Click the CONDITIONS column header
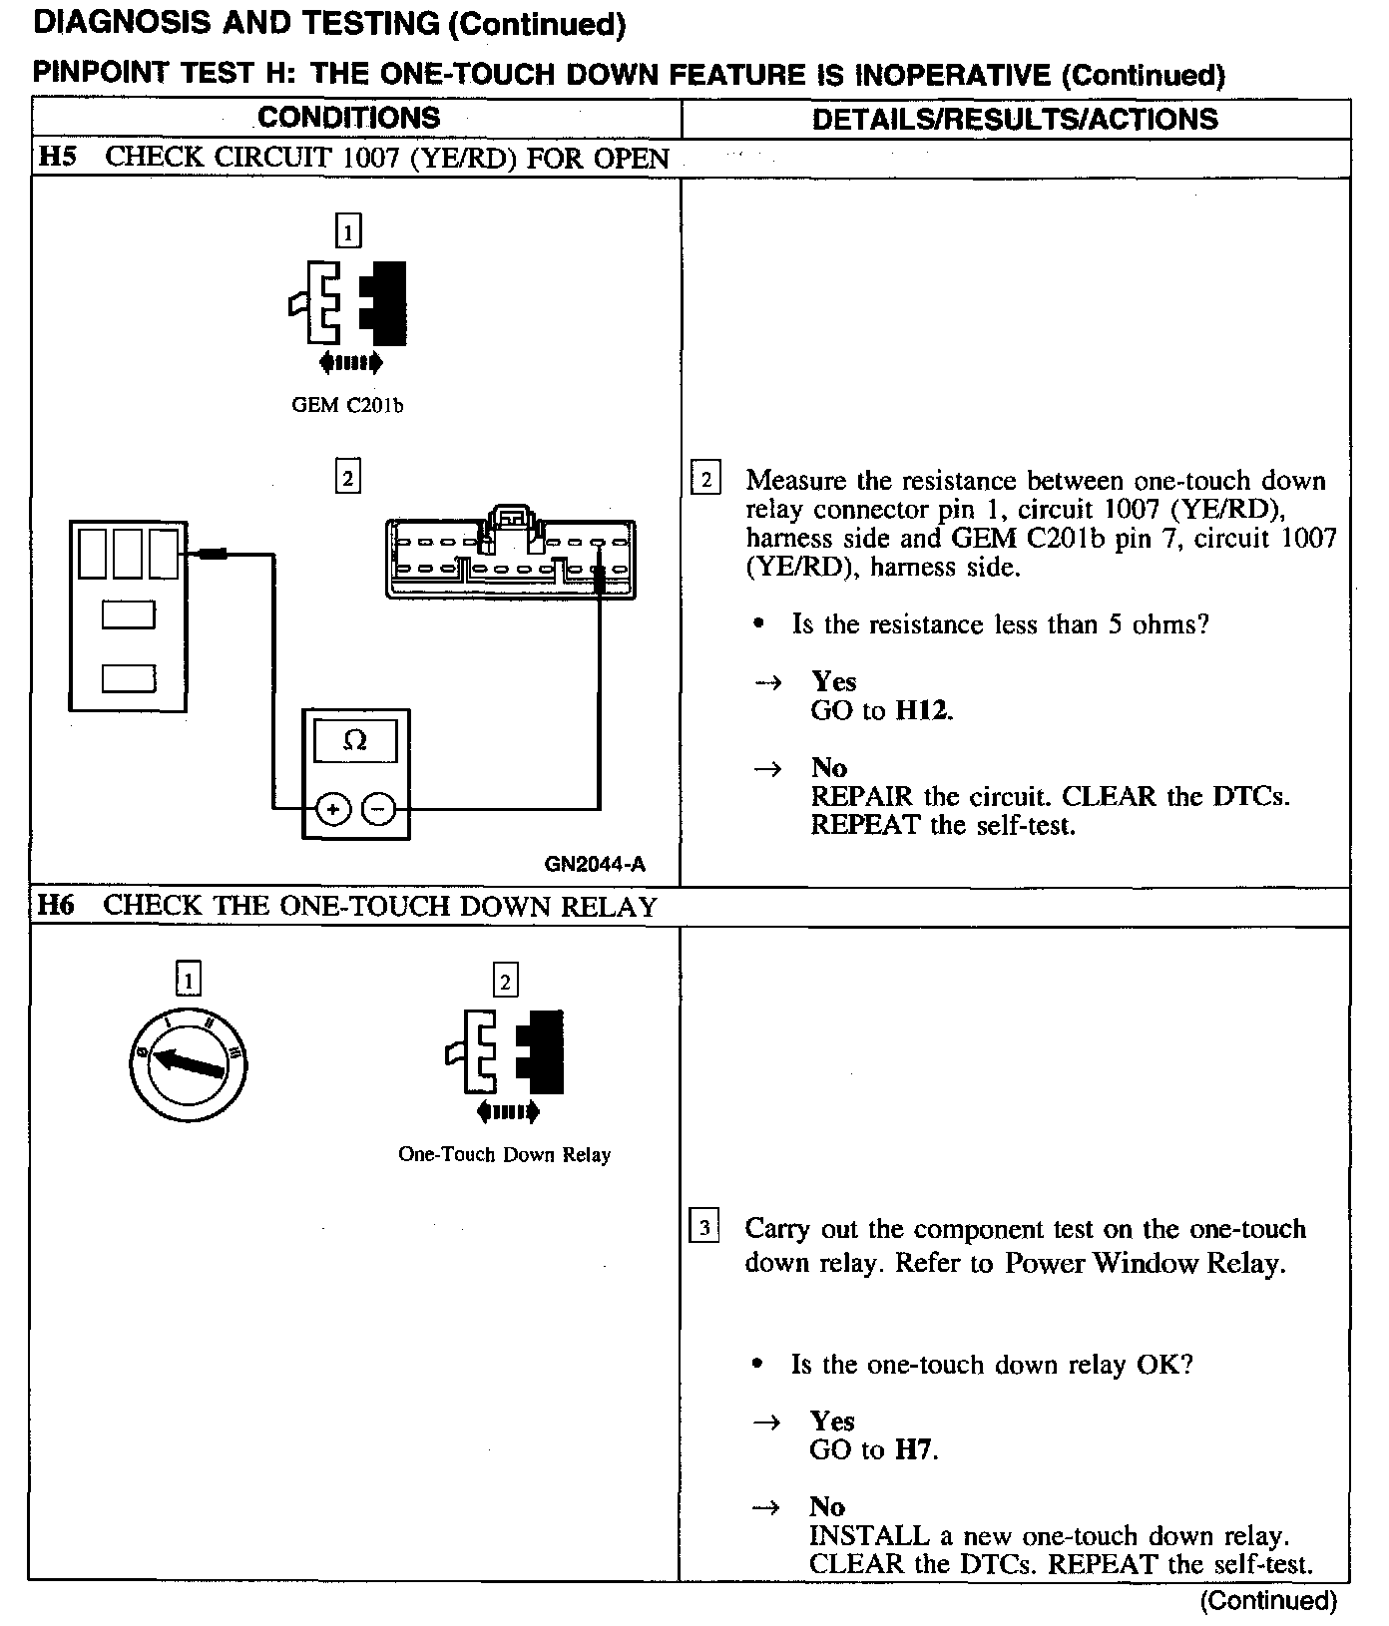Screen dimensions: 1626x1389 [x=348, y=118]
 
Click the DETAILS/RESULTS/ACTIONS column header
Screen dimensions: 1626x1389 [x=1015, y=119]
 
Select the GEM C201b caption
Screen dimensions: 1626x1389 [x=347, y=406]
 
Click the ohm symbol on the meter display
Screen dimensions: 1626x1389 [x=354, y=740]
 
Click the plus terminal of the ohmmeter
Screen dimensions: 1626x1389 [x=333, y=809]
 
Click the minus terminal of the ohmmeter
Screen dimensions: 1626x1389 [x=378, y=809]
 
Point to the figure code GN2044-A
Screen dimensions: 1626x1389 [x=595, y=864]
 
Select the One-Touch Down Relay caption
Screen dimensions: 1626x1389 [x=504, y=1154]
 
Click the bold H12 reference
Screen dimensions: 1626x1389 [x=923, y=711]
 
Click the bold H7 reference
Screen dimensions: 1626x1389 [x=915, y=1449]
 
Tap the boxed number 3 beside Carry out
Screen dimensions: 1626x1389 [x=704, y=1228]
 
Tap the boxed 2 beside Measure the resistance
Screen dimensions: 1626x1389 [x=704, y=480]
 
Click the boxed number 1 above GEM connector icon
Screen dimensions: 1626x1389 [x=347, y=232]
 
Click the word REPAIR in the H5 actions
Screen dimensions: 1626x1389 [x=861, y=797]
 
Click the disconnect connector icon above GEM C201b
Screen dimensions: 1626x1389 [x=349, y=304]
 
